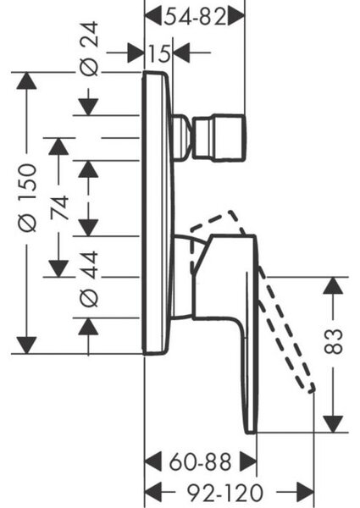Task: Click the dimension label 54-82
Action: tap(195, 17)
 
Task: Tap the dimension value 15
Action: tap(159, 53)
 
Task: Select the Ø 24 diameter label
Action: tap(89, 48)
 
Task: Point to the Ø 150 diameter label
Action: tap(27, 197)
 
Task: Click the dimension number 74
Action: tap(59, 207)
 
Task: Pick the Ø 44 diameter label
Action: tap(89, 279)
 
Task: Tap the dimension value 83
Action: tap(334, 341)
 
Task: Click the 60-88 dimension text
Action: tap(201, 462)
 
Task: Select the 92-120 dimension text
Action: tap(225, 493)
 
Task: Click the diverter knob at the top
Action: tap(219, 137)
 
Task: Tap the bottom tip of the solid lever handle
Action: tap(251, 432)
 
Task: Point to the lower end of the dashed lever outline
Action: tap(312, 389)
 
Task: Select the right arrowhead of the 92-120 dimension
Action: tap(305, 493)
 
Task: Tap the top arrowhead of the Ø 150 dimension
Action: tap(26, 80)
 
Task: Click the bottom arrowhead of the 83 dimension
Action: tap(334, 424)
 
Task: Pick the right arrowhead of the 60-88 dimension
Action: tap(248, 462)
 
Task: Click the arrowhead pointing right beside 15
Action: tap(136, 52)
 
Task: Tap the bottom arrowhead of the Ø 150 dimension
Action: tap(26, 345)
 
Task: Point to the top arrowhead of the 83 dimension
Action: tap(334, 286)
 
